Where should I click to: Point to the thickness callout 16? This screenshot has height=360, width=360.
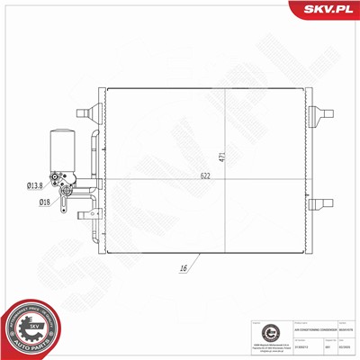182,267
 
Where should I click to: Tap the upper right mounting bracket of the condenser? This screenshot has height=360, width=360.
318,114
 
